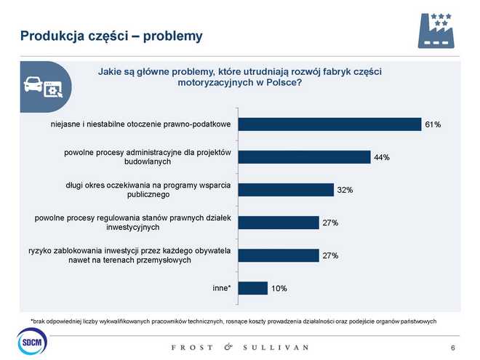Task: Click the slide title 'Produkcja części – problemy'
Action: [111, 36]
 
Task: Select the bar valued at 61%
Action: [330, 124]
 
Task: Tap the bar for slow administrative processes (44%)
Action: [305, 157]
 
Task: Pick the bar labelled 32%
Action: [286, 190]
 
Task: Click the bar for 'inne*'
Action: [253, 288]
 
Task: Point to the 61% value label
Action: [433, 125]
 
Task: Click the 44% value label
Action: [383, 158]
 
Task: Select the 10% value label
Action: [279, 289]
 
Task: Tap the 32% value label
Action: [345, 191]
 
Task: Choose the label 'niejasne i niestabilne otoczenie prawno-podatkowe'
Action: [141, 124]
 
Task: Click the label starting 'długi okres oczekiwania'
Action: [148, 190]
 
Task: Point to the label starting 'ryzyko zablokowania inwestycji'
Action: [129, 255]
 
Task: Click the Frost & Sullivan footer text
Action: [239, 347]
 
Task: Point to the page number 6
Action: [454, 346]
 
